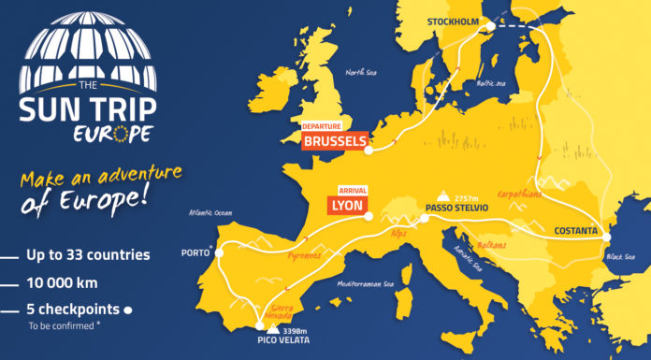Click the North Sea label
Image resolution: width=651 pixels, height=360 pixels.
(360, 73)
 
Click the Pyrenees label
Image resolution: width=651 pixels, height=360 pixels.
(304, 254)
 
